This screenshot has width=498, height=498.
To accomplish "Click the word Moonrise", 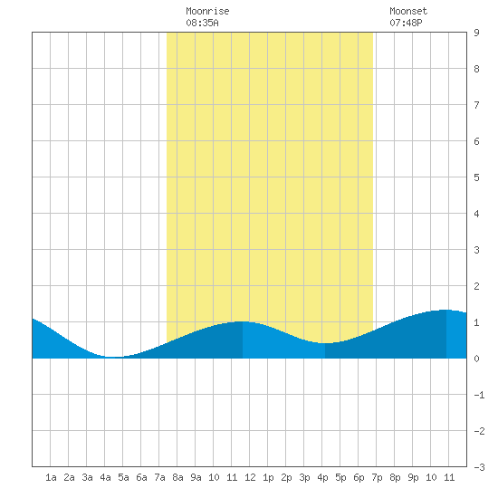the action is coord(207,11).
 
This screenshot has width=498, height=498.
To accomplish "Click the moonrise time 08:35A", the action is coord(202,23).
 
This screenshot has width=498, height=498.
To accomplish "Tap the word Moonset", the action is coord(408,11).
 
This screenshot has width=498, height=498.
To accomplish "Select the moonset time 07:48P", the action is coord(406,23).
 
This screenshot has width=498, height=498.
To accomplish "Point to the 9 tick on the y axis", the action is coord(476,33).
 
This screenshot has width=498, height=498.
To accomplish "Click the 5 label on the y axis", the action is coord(476,177).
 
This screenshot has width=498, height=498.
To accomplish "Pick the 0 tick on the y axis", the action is coord(476,359).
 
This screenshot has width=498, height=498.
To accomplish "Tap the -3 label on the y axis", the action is coord(479,467).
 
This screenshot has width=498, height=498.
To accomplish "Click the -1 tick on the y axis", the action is coord(479,395).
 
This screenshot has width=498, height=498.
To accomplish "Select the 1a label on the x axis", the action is coord(51,477).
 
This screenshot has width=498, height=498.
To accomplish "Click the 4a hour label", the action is coord(105,477).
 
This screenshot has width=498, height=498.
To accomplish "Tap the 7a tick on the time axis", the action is coord(159,477).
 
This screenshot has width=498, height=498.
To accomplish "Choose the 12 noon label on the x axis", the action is coord(250,477).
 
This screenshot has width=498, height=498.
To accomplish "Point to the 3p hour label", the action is coord(304,477).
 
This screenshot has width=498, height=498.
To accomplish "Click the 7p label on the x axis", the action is coord(377,477).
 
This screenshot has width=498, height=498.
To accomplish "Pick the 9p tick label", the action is coord(413,477).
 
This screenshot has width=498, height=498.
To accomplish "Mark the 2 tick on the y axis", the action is coord(476,286).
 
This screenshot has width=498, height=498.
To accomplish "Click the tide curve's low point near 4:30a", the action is coord(113,357).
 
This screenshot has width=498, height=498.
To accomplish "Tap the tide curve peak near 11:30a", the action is coord(241,321).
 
